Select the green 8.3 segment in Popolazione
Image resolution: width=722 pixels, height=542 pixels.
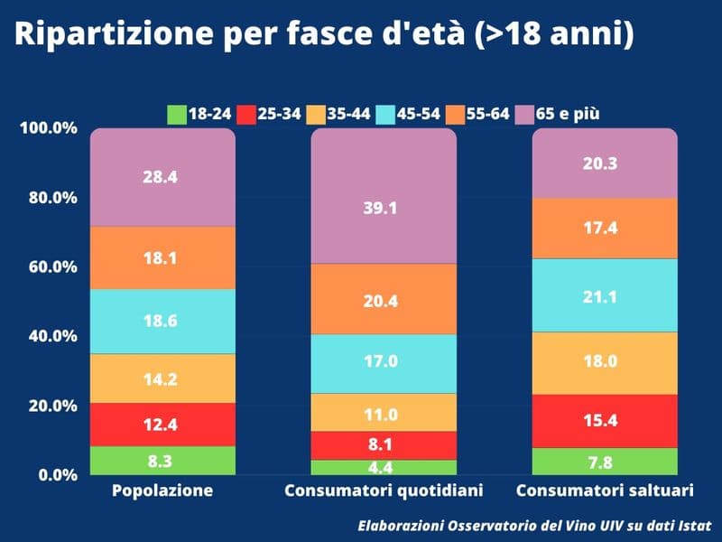click(162, 461)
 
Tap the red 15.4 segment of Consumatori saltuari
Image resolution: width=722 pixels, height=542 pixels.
click(605, 421)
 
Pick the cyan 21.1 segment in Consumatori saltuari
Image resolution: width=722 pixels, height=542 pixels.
click(605, 295)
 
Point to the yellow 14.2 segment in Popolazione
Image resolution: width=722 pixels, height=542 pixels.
click(162, 378)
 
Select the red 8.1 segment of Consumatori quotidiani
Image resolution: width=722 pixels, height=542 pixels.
click(384, 445)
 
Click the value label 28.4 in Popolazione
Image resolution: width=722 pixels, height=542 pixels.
click(160, 177)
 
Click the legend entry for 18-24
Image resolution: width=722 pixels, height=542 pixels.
click(199, 115)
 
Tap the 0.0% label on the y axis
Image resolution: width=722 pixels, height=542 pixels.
click(56, 475)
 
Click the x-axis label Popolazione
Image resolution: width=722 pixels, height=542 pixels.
click(162, 491)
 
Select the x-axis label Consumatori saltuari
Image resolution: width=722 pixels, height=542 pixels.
click(605, 491)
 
